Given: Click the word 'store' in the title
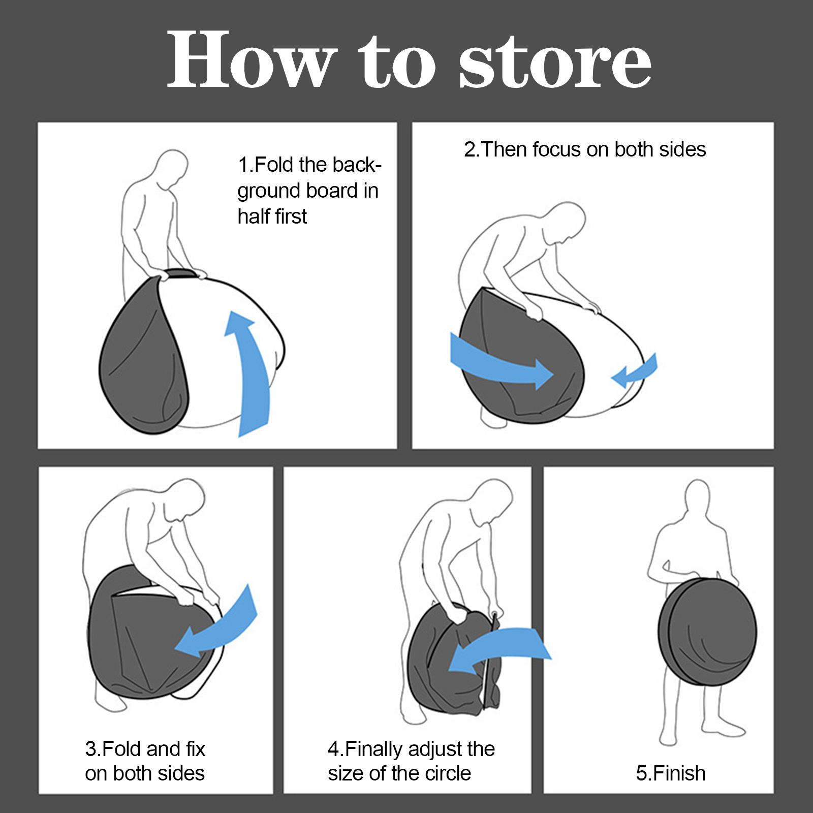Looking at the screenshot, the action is [555, 63].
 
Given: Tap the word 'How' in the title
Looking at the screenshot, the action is [252, 59].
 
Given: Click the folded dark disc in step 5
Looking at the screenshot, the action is [707, 632].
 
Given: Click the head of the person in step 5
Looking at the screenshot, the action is [697, 498].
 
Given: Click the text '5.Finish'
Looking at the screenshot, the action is [671, 773].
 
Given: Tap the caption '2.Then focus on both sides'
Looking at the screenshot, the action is [585, 149].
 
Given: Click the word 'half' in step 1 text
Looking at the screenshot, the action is [254, 216].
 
